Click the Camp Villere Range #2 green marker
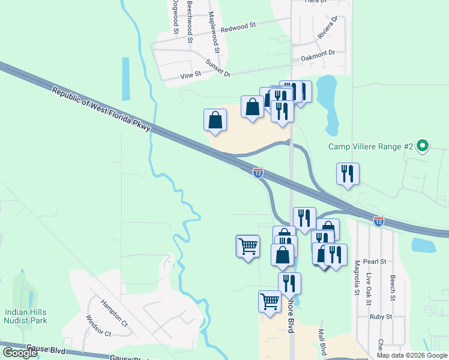[x=423, y=146]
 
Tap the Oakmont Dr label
[x=318, y=53]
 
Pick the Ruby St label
[x=380, y=317]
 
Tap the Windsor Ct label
[x=98, y=326]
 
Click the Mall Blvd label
[x=322, y=340]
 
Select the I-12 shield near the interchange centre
[x=258, y=173]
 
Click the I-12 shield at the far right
[x=379, y=221]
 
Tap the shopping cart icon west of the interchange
[x=248, y=245]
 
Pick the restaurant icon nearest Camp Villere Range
[x=348, y=173]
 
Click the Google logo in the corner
[x=19, y=352]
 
